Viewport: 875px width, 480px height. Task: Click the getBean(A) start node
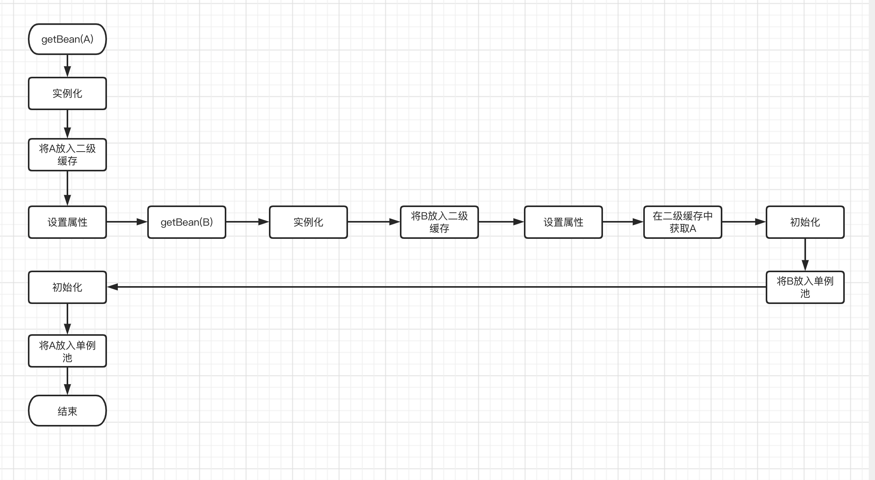67,39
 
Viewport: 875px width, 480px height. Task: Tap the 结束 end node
67,411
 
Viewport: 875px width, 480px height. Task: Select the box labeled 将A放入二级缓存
67,155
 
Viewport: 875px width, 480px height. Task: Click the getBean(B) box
187,222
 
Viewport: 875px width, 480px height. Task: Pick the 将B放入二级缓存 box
439,222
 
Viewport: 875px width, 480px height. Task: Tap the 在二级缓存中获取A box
683,222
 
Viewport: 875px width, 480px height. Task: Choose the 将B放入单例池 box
805,287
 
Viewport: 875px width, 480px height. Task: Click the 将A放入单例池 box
67,351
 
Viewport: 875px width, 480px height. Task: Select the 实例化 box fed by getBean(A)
67,93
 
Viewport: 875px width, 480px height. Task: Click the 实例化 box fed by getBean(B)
308,222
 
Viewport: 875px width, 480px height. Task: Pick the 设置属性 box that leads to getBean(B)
67,222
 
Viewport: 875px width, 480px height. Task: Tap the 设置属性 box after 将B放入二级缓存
563,222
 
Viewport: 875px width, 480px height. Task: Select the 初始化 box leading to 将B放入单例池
805,222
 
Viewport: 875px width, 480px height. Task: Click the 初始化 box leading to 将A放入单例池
67,287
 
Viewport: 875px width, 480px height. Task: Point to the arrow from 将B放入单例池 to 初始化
436,287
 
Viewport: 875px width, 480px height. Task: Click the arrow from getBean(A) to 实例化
67,66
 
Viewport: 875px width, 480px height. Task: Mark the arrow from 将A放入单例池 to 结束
67,381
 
